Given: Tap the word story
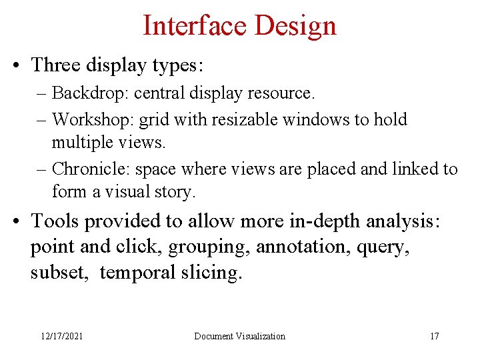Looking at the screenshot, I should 175,193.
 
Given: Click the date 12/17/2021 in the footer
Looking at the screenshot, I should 61,336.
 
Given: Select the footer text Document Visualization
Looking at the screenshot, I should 239,336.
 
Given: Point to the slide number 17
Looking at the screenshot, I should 434,336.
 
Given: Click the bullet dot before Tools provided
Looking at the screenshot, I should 21,221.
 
